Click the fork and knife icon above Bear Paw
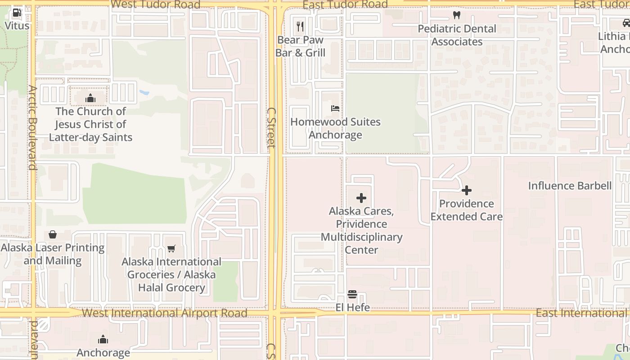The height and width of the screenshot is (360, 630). point(300,27)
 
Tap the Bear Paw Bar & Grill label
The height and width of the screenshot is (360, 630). point(300,46)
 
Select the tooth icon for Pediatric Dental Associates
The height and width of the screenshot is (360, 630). point(457,15)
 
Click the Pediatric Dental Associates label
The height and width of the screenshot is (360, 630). point(457,35)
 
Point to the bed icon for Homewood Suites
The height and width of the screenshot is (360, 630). point(335,108)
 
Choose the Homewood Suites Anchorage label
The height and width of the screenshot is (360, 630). point(335,128)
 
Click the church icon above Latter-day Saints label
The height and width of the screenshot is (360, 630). point(90,98)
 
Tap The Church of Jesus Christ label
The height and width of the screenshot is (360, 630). point(90,124)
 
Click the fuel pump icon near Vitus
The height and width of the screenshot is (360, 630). point(17,13)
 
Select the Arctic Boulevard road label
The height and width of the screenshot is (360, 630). point(31,127)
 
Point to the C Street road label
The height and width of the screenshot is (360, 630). point(271,127)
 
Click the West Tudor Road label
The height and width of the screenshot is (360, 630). point(155,4)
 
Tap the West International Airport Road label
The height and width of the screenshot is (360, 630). point(165,313)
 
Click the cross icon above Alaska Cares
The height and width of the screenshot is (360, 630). point(361,198)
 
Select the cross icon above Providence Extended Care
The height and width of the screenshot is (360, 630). point(467,190)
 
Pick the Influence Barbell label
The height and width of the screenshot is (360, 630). point(570,186)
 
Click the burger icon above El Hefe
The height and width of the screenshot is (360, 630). point(352,295)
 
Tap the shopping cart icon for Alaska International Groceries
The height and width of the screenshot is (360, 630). point(171,248)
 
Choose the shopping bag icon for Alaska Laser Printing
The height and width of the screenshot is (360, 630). point(53,234)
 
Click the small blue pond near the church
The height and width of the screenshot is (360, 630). point(144,93)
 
